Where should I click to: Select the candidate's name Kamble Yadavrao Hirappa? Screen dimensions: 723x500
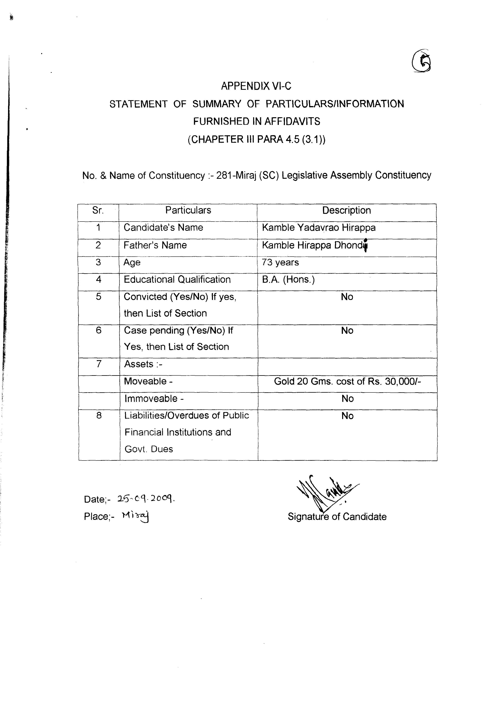coord(319,228)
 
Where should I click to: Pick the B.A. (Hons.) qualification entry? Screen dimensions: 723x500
coord(288,279)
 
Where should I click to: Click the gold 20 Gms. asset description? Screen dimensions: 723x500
coord(347,381)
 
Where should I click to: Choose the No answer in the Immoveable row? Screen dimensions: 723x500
coord(347,399)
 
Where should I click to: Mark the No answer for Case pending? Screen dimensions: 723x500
coord(347,331)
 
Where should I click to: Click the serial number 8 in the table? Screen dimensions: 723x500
coord(99,416)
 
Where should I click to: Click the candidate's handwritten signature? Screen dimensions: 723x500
coord(326,492)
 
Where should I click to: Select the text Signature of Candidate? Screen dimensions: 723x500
coord(337,517)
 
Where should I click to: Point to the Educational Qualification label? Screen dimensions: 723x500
coord(177,279)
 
